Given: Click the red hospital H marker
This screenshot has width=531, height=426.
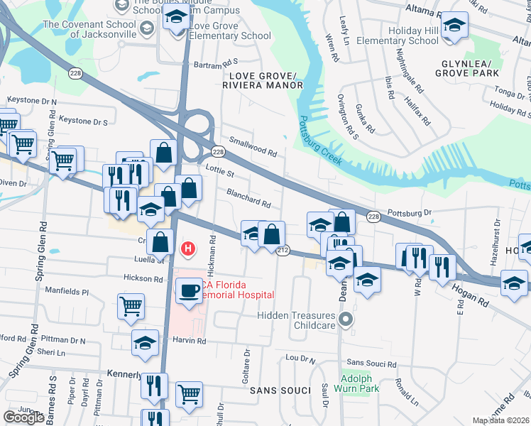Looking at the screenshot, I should tap(188, 249).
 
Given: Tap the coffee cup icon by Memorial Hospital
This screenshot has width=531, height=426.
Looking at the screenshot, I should tap(189, 291).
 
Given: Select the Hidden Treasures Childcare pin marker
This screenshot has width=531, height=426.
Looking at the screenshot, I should tap(346, 319).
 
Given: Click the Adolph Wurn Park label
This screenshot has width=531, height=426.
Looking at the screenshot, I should tap(356, 383).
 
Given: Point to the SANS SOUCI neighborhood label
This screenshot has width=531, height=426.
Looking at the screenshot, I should tap(280, 390).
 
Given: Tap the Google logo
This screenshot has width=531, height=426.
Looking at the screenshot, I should tap(23, 417).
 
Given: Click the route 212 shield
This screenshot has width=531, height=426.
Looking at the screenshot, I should tap(283, 251).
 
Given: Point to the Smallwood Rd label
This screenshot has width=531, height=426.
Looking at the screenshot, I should tap(251, 146).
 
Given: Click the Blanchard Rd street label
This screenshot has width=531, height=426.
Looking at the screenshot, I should tap(248, 198).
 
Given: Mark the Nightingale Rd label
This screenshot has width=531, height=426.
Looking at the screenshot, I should tap(408, 77).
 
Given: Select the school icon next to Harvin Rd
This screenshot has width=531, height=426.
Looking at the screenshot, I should tap(146, 342).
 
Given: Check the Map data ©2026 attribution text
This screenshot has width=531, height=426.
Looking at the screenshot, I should tap(500, 420).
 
